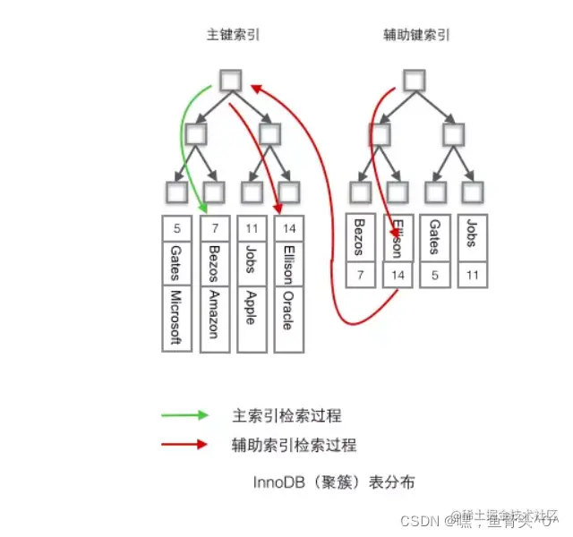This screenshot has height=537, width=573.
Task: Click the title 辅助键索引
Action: [415, 36]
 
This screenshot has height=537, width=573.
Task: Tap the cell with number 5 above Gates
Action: [175, 227]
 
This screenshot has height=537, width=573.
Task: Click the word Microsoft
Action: [175, 318]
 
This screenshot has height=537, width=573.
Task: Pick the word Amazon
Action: [213, 313]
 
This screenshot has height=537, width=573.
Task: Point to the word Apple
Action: [251, 306]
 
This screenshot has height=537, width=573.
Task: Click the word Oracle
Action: [287, 309]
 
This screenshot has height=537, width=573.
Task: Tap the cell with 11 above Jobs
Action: [251, 227]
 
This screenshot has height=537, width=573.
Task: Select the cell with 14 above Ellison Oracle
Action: [287, 227]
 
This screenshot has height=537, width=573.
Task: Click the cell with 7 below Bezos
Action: [360, 276]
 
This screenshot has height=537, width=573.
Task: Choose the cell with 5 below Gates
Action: [435, 276]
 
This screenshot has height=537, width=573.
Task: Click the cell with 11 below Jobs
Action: [472, 276]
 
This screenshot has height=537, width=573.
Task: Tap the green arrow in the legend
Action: [185, 416]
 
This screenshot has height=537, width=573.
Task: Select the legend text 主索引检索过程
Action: [286, 416]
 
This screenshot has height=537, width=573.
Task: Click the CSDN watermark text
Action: [417, 521]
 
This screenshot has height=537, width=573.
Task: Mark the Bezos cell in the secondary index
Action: [360, 237]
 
